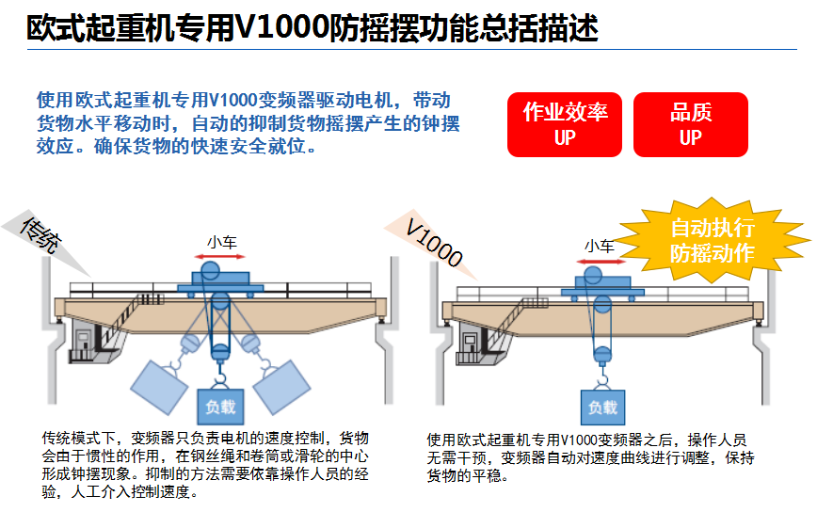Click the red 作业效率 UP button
(x=565, y=124)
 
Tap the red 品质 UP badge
(x=690, y=124)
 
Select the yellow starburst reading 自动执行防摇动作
(x=712, y=240)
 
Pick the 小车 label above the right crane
(x=599, y=246)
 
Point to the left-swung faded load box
(x=158, y=385)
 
